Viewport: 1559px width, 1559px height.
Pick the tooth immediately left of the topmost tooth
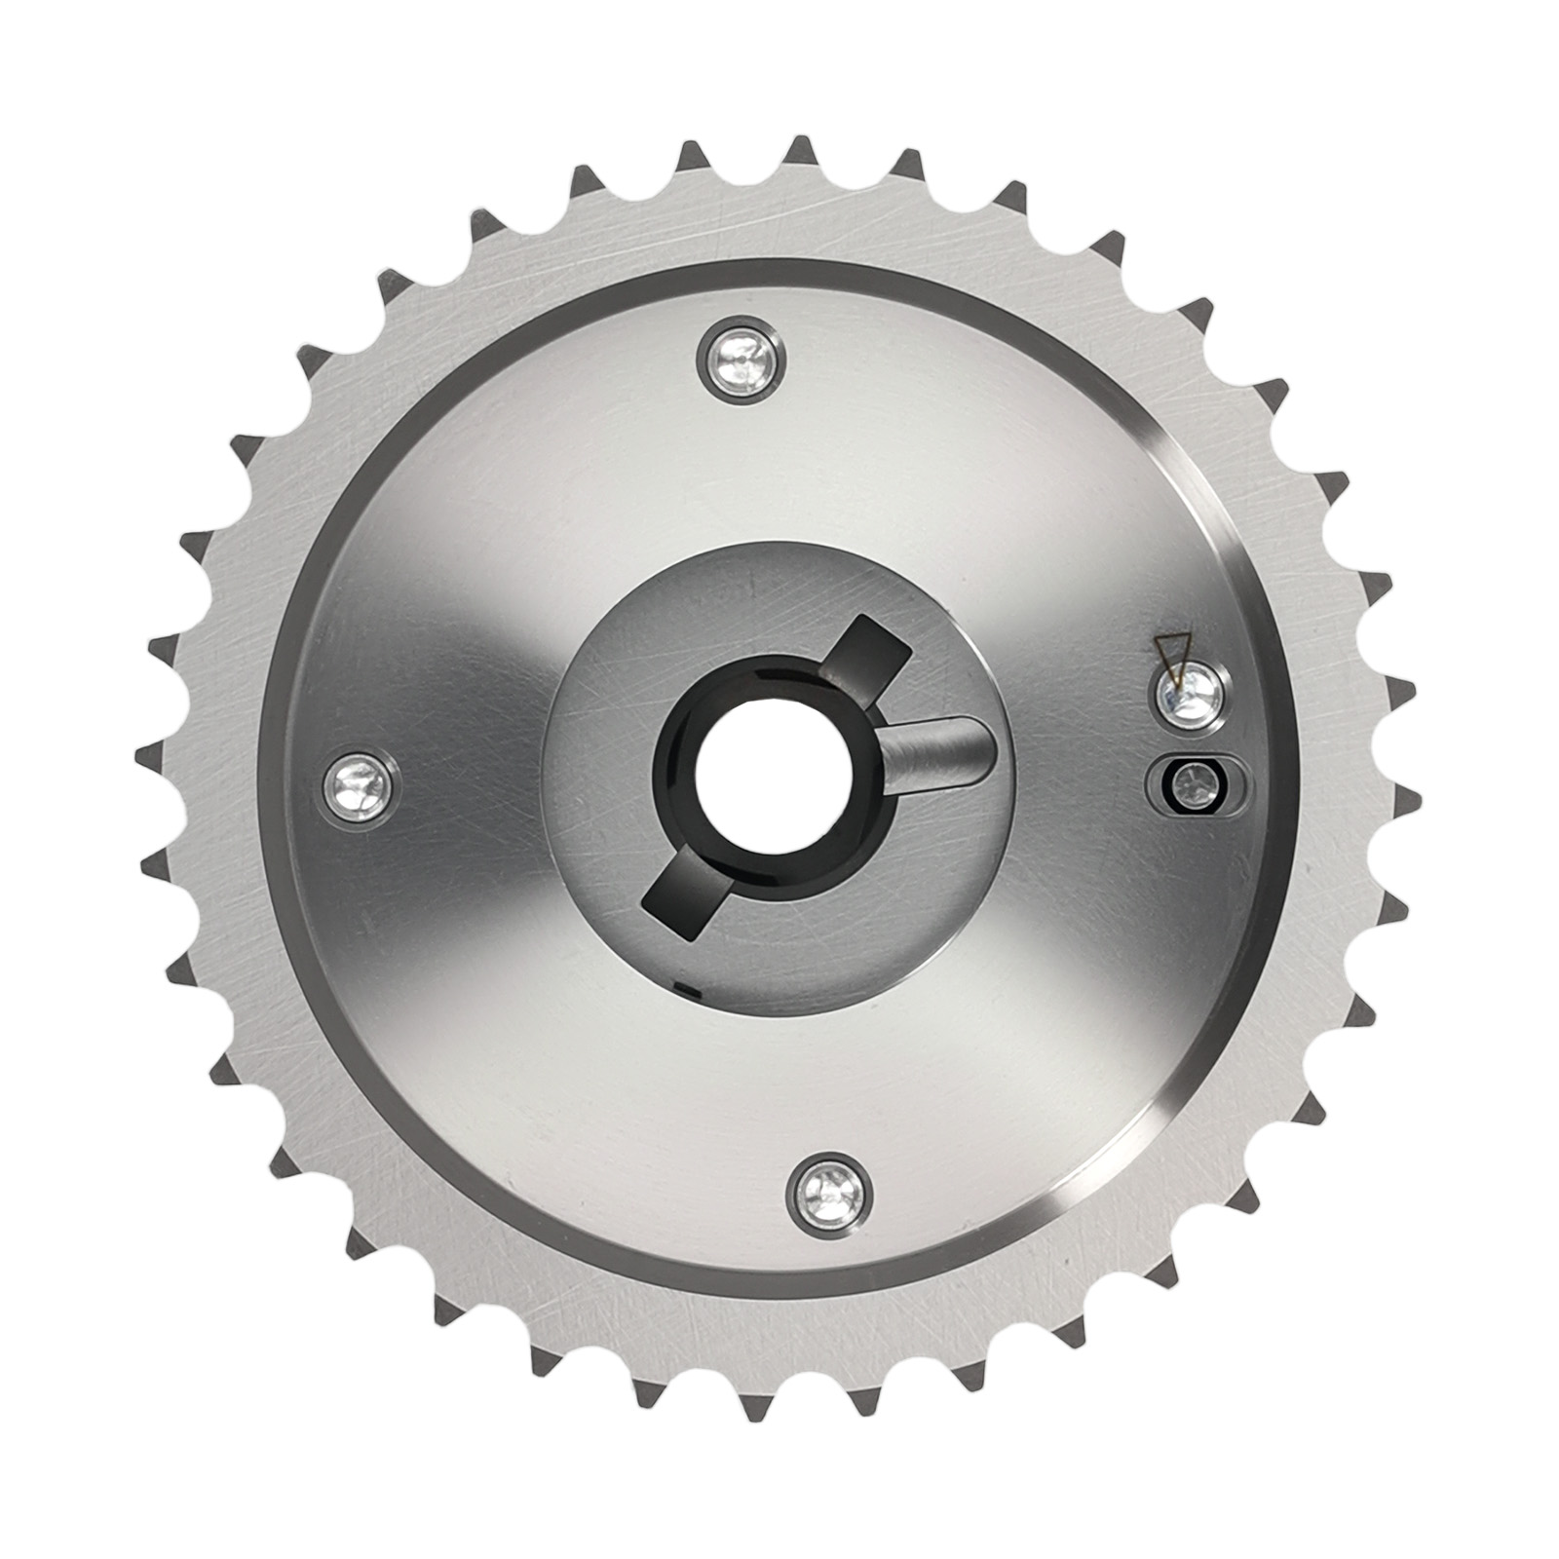click(693, 156)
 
